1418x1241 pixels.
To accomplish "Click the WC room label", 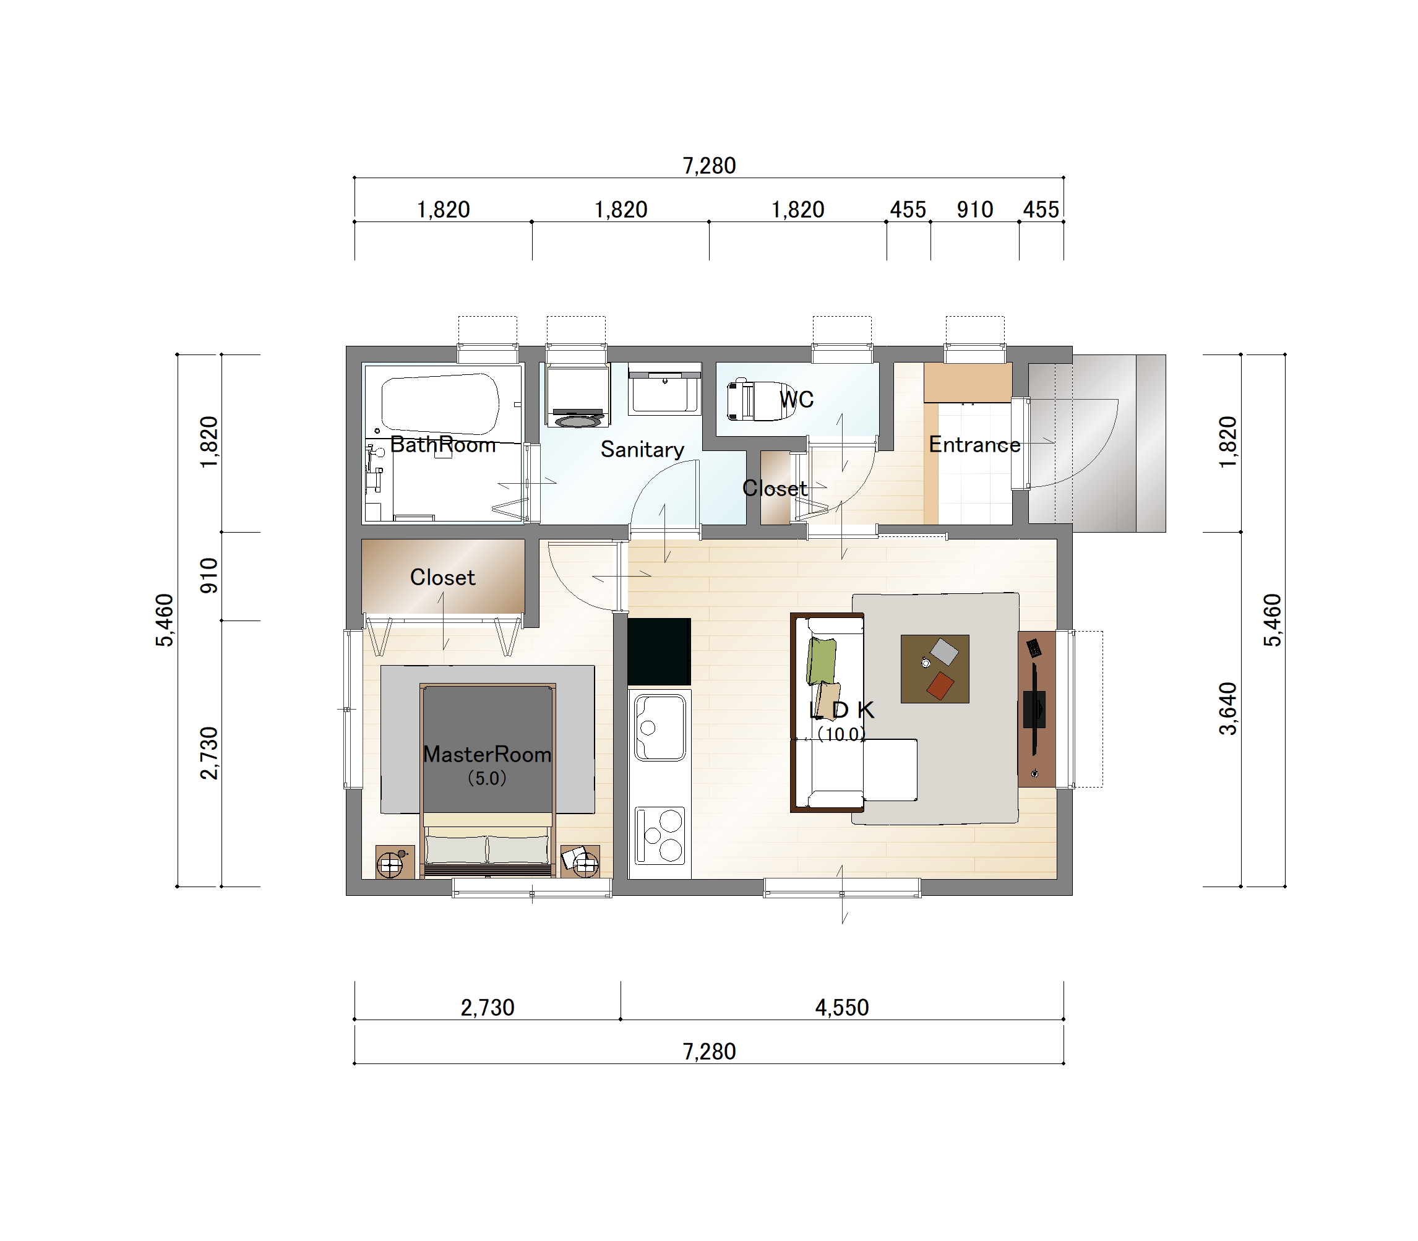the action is pos(796,400).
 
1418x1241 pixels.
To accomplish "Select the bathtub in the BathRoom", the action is pos(440,404).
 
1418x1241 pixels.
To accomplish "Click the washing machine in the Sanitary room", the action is pos(577,395).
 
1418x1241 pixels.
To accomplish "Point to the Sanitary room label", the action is pos(642,450).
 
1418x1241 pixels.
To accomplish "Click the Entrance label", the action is pos(974,444).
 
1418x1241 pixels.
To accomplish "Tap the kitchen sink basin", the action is pos(660,727).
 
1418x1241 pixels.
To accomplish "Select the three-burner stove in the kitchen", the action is pos(660,835).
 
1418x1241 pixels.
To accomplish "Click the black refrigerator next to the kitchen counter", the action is pos(659,651).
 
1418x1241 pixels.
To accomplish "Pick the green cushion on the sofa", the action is pos(821,661).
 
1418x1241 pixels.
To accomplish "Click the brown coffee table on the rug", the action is pos(935,669).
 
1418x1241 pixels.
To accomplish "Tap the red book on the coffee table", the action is pos(940,685).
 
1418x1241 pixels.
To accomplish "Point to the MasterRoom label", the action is pos(487,754).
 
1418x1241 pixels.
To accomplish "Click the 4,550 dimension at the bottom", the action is pos(842,1007).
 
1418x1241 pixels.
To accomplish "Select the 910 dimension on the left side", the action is pos(208,575).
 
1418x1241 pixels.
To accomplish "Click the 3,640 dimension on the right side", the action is pos(1227,708).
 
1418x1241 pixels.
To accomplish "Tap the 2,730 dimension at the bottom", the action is pos(488,1007).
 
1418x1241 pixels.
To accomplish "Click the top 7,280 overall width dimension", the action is pos(709,166).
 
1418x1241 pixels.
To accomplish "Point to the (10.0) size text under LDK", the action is pos(841,734).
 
